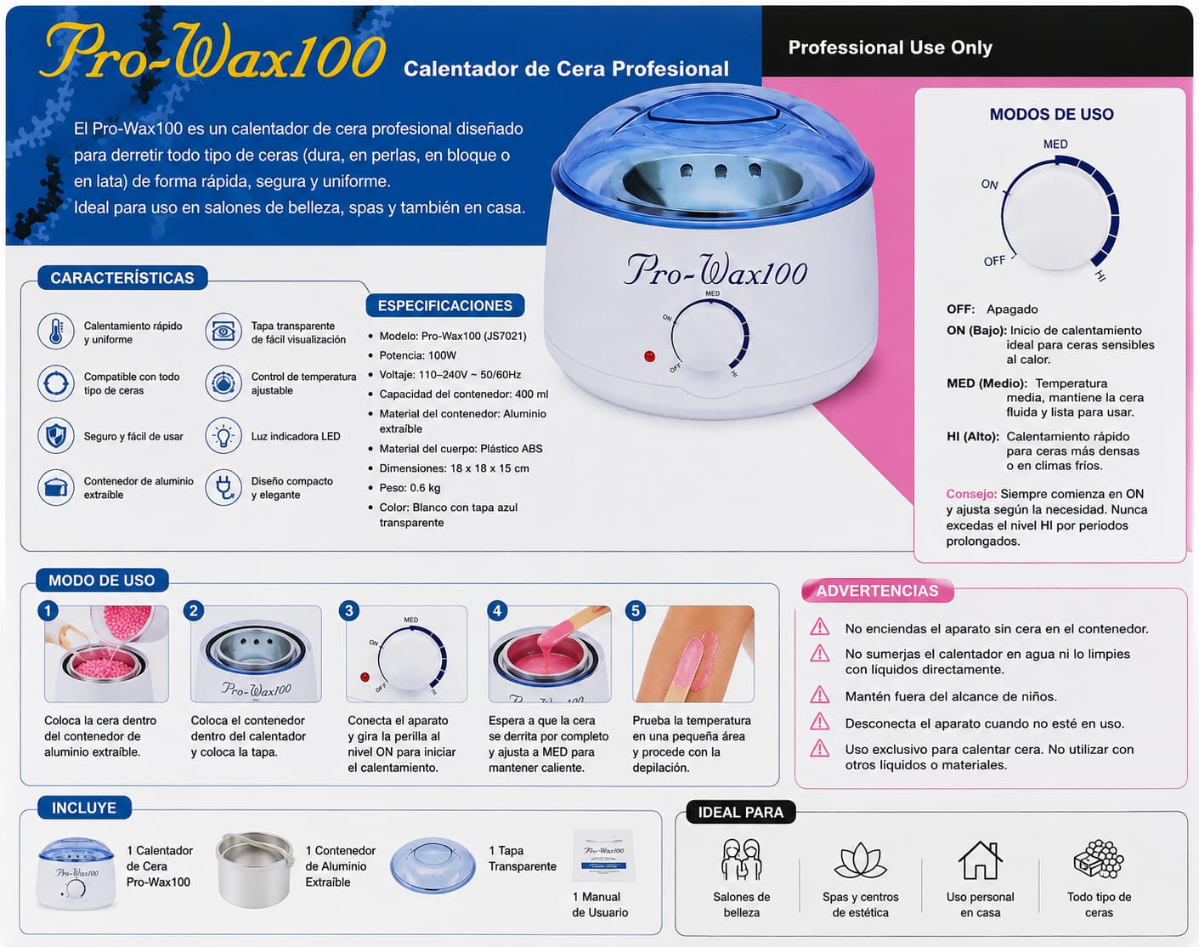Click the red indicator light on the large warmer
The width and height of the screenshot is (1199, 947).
[x=649, y=356]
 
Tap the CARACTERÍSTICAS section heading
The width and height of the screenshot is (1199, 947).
[x=122, y=278]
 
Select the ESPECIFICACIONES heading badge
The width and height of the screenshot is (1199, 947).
[x=445, y=305]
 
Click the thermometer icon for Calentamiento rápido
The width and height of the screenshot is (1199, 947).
[x=56, y=331]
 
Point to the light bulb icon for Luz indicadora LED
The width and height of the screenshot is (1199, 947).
[x=223, y=436]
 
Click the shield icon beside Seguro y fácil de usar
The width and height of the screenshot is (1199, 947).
[x=56, y=436]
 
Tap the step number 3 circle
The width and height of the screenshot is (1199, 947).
[x=348, y=611]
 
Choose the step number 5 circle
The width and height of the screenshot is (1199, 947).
[x=635, y=611]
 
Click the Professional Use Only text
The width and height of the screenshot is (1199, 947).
[x=891, y=48]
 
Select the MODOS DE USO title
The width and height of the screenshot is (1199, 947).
[x=1051, y=114]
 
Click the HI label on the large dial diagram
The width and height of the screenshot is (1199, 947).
[x=1100, y=275]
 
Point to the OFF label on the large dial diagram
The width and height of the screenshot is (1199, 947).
[x=994, y=261]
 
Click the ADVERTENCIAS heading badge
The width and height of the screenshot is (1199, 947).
[x=878, y=591]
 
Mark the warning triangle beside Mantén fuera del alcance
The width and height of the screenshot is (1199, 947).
[x=819, y=695]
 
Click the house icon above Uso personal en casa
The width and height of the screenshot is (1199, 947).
[x=980, y=860]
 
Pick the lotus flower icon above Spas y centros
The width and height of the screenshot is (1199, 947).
[x=860, y=861]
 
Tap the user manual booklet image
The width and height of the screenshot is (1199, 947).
[x=604, y=855]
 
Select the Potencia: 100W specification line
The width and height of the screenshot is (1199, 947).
[x=418, y=355]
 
